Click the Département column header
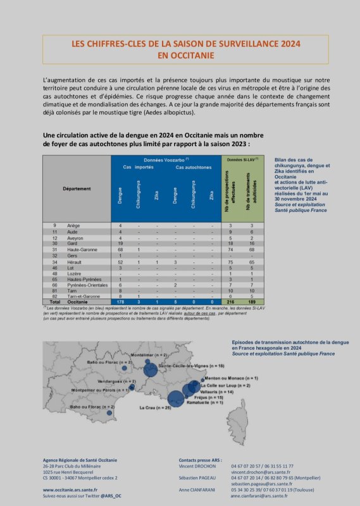76,188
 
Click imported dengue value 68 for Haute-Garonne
120,249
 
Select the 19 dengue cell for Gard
120,243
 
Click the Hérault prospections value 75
232,261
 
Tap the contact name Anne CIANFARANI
198,490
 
